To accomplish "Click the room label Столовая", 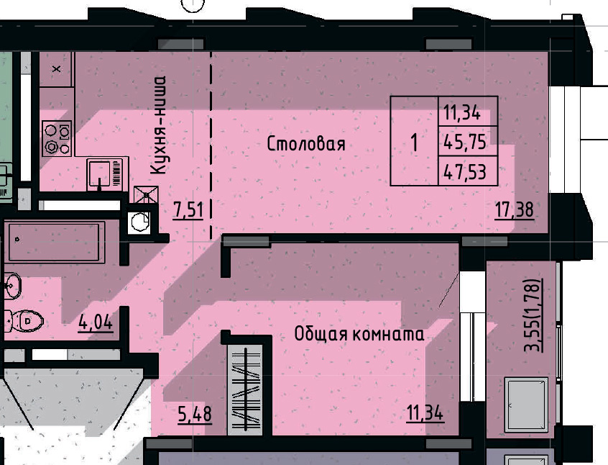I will [306, 143].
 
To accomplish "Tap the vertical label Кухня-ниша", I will [160, 125].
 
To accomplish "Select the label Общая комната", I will [359, 334].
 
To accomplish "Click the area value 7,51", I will [188, 210].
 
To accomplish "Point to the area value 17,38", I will [514, 210].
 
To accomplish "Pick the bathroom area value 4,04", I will [95, 322].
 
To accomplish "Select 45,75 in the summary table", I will [465, 142].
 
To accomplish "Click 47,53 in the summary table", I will [465, 171].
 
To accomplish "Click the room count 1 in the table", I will [414, 142].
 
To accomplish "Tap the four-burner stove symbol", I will [57, 138].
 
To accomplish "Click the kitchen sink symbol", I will [105, 174].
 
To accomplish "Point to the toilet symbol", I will [21, 320].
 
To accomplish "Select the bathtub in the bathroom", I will [55, 240].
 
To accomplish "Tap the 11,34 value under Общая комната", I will [424, 414].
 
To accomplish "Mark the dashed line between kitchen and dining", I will [211, 144].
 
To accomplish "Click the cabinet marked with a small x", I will [57, 69].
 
